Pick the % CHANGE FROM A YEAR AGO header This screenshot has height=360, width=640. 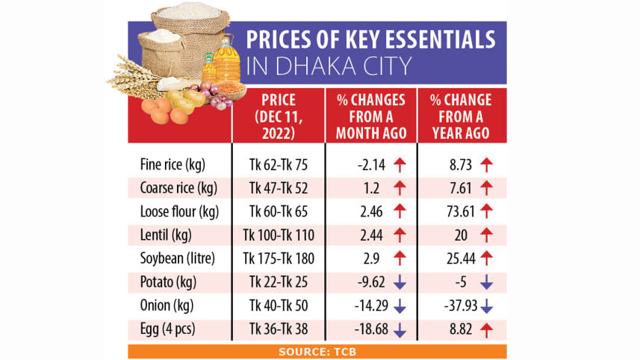(x=461, y=116)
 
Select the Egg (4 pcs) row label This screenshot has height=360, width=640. (x=169, y=330)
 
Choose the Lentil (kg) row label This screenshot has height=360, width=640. (x=166, y=235)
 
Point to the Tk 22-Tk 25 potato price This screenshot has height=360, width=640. (x=276, y=282)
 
